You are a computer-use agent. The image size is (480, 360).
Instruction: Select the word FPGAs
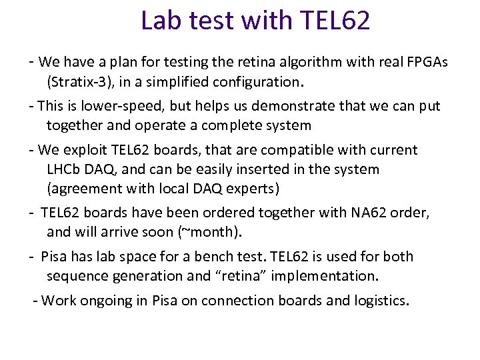click(x=425, y=62)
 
